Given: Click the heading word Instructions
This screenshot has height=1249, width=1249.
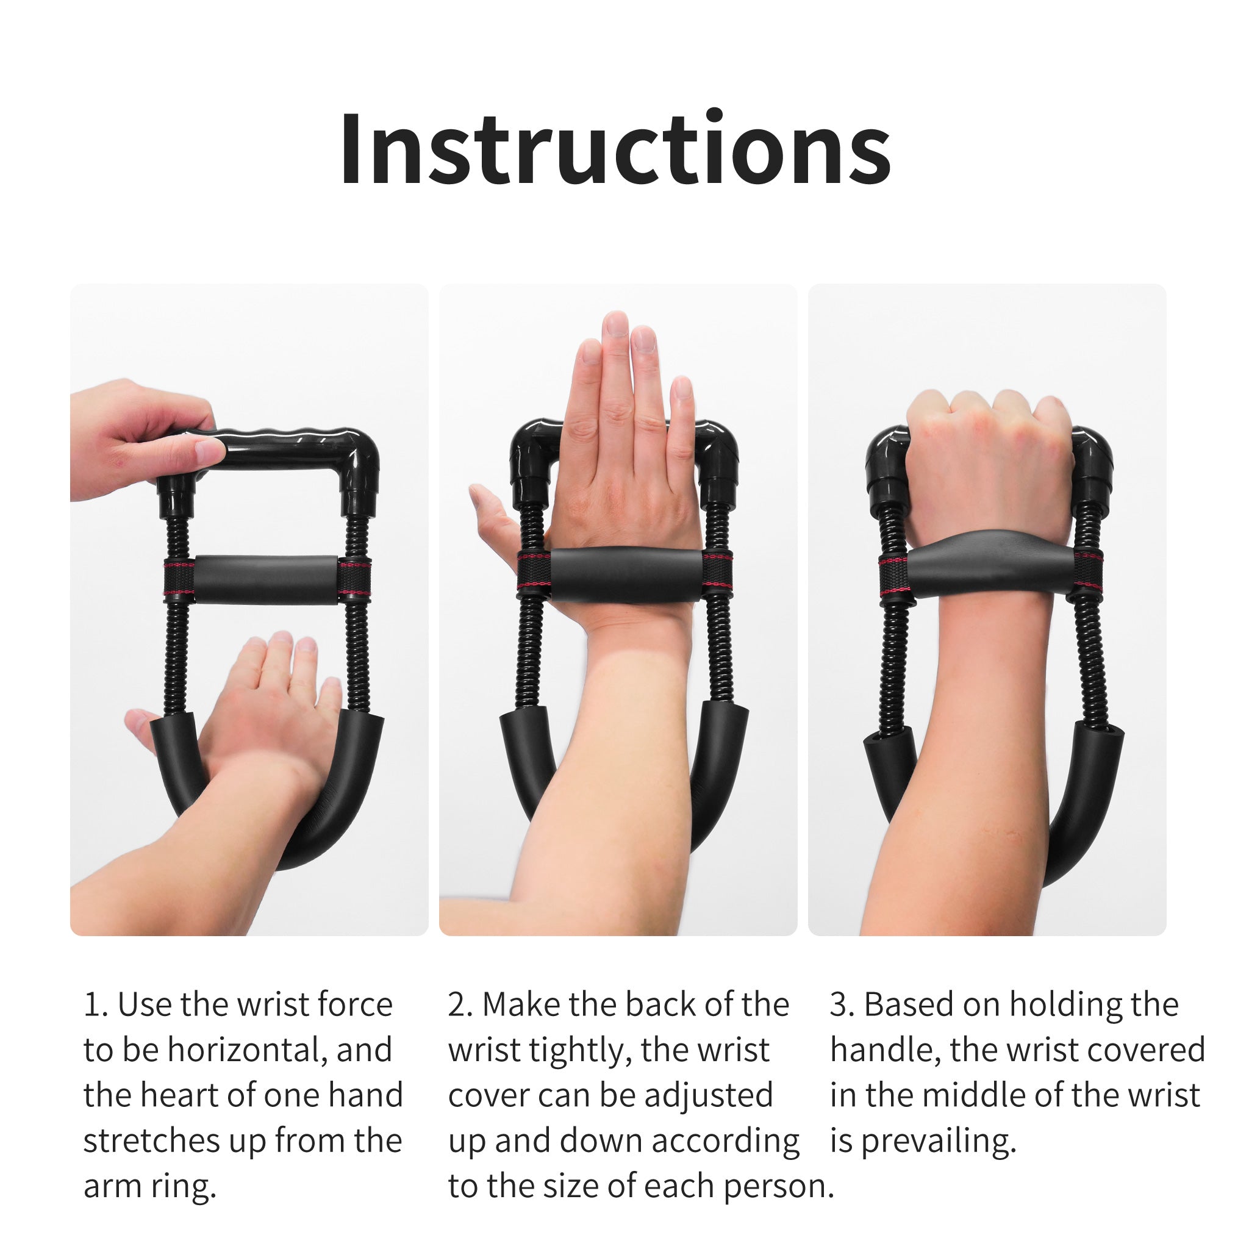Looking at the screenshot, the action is [615, 150].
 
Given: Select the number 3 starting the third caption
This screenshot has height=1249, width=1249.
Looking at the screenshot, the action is [839, 1005].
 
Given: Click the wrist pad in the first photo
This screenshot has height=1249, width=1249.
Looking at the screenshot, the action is [266, 579].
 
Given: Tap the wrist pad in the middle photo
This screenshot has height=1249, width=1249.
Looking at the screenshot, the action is [626, 574].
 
